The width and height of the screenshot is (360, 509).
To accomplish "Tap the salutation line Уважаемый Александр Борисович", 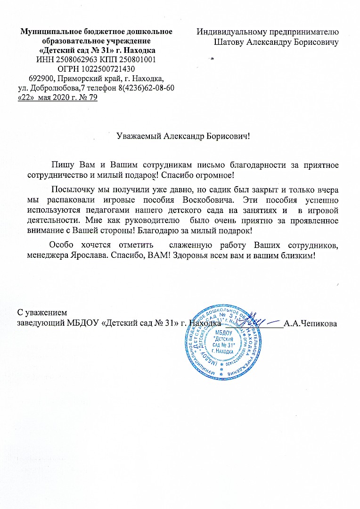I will point(183,137).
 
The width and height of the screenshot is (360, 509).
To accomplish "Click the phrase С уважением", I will point(42,313).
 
